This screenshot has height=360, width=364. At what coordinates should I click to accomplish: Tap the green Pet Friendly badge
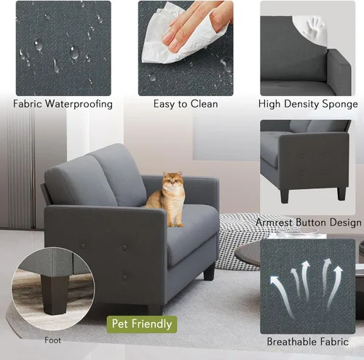tap(142, 324)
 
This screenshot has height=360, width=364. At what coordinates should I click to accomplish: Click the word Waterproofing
tap(79, 104)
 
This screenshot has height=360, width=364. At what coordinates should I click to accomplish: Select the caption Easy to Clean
tap(186, 104)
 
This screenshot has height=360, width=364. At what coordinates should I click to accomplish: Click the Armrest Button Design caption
tap(309, 223)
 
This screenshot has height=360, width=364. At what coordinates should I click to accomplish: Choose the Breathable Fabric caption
tap(308, 342)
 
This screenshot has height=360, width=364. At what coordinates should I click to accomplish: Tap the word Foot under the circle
tap(52, 340)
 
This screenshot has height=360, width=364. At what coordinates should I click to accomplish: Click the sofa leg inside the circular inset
tap(54, 294)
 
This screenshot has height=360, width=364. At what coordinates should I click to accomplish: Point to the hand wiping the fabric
tap(197, 27)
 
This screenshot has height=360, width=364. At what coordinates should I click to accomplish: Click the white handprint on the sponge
tap(314, 26)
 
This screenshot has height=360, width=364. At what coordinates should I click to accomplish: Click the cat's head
tap(173, 180)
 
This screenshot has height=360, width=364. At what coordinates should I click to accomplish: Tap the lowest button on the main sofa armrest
tap(124, 276)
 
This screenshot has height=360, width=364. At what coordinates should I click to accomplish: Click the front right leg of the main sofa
tap(209, 271)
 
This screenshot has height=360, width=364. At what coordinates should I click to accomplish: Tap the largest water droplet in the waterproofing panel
tap(74, 52)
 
